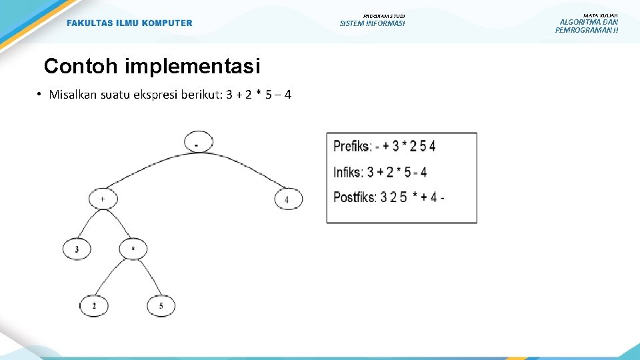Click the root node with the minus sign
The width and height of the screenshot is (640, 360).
tap(198, 143)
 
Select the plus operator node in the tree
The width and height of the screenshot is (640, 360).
tap(103, 199)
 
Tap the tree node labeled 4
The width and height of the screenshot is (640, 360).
tap(288, 199)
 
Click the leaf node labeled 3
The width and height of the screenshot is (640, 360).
tap(77, 249)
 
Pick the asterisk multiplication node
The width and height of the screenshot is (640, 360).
tap(133, 249)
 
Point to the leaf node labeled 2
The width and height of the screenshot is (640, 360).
tap(94, 305)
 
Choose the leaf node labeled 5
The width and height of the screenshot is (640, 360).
tap(161, 305)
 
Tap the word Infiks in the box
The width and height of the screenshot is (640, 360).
tap(347, 172)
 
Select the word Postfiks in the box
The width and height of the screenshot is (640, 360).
tap(355, 197)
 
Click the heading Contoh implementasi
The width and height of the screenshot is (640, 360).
tap(151, 67)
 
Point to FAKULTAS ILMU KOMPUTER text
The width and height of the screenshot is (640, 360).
tap(129, 23)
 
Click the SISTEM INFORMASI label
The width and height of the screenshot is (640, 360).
tap(372, 24)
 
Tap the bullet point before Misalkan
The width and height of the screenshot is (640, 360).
tap(40, 94)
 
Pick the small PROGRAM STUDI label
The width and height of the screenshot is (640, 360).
tap(384, 15)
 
